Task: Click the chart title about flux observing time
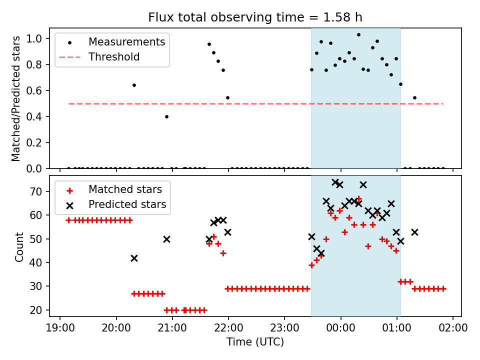(255, 17)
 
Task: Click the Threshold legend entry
(99, 57)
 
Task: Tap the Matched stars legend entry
(114, 189)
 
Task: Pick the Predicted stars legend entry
(116, 204)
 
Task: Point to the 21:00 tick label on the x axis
(172, 328)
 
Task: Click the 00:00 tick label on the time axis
(340, 328)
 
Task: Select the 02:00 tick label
(453, 328)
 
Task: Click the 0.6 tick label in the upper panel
(34, 90)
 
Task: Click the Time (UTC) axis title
(255, 341)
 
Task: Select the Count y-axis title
(19, 247)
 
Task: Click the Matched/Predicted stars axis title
(15, 98)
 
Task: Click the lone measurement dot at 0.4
(166, 116)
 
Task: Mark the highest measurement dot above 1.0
(359, 35)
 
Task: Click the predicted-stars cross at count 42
(134, 258)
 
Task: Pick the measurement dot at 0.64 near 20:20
(134, 85)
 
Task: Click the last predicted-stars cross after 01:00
(414, 232)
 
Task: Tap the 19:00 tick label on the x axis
(60, 328)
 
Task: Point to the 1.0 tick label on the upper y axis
(34, 39)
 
